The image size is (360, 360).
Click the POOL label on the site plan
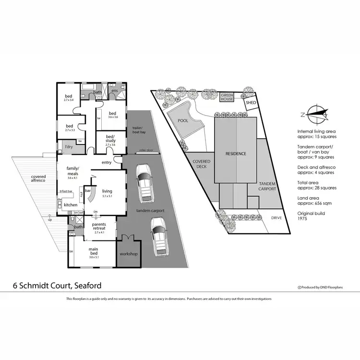183,121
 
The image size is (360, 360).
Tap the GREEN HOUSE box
227,97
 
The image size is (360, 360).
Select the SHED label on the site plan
251,103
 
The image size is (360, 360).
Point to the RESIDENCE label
236,154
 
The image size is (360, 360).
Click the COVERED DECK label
202,164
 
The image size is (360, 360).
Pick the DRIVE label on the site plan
276,217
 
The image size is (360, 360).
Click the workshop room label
129,253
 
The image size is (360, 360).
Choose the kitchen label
71,205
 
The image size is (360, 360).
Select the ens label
115,91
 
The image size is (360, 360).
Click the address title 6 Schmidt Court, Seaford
57,286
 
